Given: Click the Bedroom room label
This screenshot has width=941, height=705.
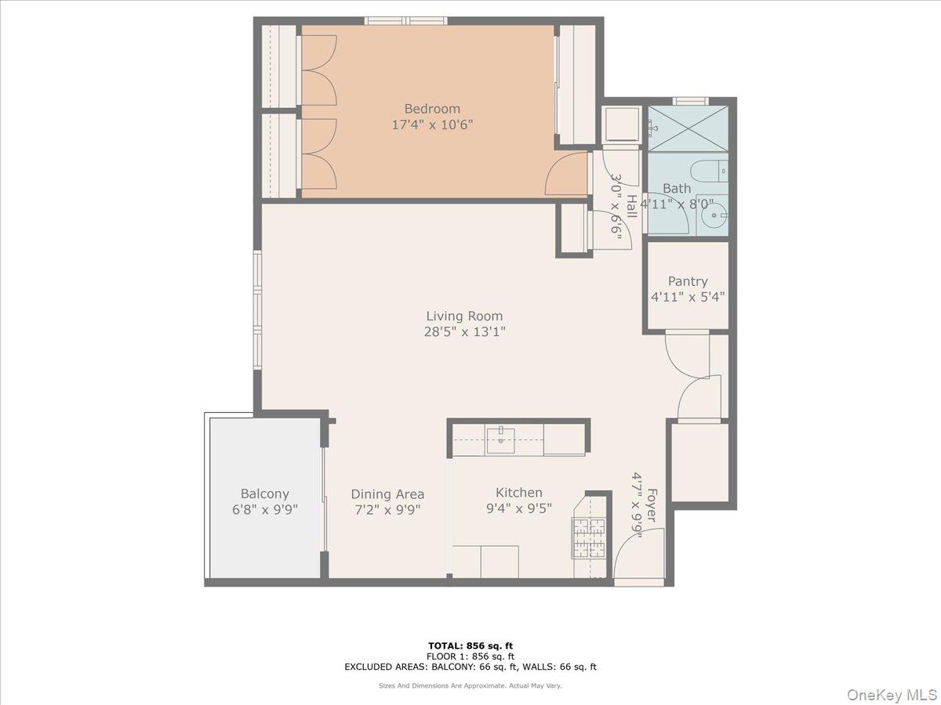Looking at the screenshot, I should pyautogui.click(x=432, y=109).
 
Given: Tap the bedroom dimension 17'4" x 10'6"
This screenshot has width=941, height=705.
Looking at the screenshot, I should pyautogui.click(x=432, y=125).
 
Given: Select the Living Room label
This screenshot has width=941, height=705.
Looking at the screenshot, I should pyautogui.click(x=464, y=316).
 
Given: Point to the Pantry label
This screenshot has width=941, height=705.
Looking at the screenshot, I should pyautogui.click(x=688, y=281).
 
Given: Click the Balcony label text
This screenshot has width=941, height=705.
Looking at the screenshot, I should pyautogui.click(x=264, y=493).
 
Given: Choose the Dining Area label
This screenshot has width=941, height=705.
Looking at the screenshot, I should pyautogui.click(x=387, y=493).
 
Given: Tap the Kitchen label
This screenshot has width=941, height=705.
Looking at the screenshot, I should pyautogui.click(x=518, y=493).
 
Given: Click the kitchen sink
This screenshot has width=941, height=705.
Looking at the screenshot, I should pyautogui.click(x=500, y=440).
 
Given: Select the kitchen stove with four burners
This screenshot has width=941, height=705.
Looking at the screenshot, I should pyautogui.click(x=588, y=537).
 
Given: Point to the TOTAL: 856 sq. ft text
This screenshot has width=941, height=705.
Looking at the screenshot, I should pyautogui.click(x=470, y=645).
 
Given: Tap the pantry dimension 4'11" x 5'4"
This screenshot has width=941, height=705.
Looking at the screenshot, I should pyautogui.click(x=688, y=297).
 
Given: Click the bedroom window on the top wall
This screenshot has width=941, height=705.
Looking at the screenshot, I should pyautogui.click(x=406, y=20).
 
